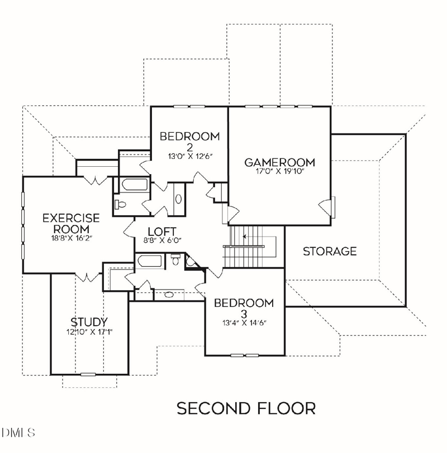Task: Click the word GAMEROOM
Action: pyautogui.click(x=279, y=162)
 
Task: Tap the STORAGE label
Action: pyautogui.click(x=330, y=251)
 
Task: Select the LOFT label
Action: pyautogui.click(x=162, y=232)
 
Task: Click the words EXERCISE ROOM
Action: pyautogui.click(x=71, y=223)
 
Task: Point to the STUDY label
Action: pyautogui.click(x=89, y=322)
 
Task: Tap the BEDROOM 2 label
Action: pyautogui.click(x=189, y=141)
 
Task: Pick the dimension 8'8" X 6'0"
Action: pyautogui.click(x=162, y=241)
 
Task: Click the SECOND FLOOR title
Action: pyautogui.click(x=246, y=408)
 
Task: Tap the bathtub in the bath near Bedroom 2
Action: pyautogui.click(x=134, y=185)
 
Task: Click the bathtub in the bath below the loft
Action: pyautogui.click(x=150, y=261)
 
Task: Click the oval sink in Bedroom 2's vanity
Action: pyautogui.click(x=178, y=199)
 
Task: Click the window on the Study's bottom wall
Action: pyautogui.click(x=88, y=374)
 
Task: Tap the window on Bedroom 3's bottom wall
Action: pyautogui.click(x=245, y=355)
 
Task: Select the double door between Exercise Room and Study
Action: pyautogui.click(x=87, y=277)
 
